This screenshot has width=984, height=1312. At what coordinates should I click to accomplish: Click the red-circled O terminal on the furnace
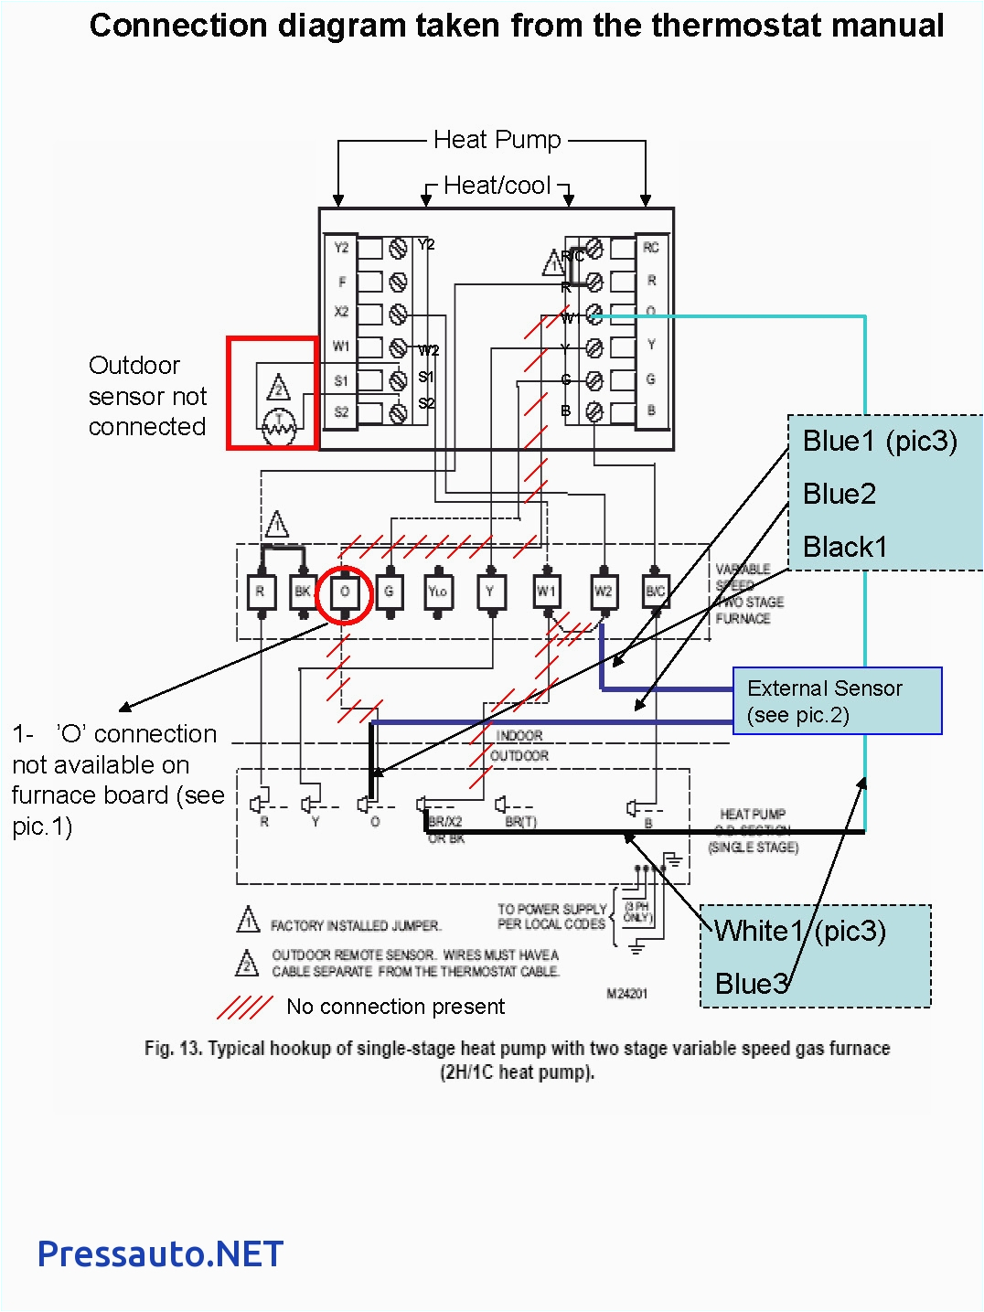(345, 592)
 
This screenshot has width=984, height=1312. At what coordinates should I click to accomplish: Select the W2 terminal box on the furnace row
(603, 592)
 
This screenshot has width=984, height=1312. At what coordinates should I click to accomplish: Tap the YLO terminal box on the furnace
(438, 592)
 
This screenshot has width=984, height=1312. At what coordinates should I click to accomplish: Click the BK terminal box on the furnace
(303, 592)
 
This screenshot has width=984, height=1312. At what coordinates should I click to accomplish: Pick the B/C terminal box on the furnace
(656, 592)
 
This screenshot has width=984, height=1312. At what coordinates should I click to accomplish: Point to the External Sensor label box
(837, 701)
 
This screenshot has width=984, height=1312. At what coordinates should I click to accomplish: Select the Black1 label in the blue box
(845, 548)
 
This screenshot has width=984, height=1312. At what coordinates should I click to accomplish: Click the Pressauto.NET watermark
(160, 1254)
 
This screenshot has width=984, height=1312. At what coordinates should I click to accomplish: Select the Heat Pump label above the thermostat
(497, 140)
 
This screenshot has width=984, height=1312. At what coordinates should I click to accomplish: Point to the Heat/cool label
(497, 186)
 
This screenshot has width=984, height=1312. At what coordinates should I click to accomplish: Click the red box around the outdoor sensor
(273, 393)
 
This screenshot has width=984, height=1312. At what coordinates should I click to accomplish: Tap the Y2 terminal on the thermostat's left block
(341, 248)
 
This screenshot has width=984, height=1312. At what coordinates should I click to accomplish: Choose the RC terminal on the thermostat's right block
(651, 248)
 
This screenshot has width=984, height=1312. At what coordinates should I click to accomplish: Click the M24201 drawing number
(627, 994)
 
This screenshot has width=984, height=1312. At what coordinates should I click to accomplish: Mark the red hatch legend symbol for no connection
(244, 1007)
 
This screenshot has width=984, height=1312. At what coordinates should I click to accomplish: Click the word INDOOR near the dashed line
(519, 736)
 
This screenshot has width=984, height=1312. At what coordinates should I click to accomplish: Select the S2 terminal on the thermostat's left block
(341, 412)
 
